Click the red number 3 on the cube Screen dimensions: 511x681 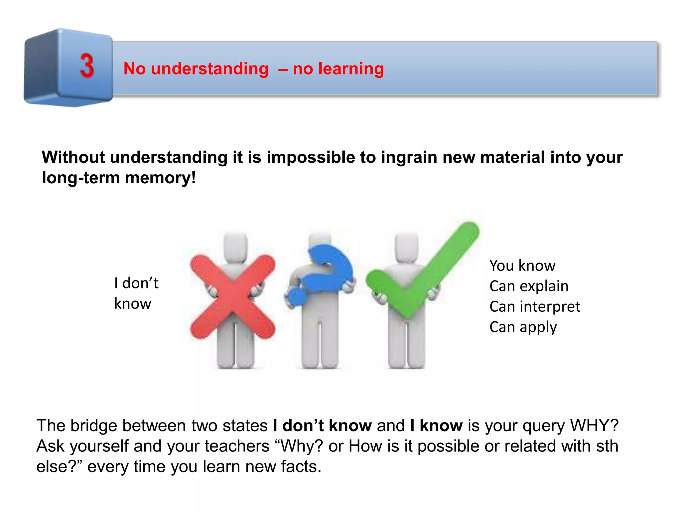tap(87, 66)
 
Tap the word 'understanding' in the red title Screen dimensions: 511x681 tap(209, 69)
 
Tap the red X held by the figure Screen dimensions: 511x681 tap(232, 297)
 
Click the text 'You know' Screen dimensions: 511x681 tap(522, 265)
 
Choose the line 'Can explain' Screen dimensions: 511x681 tap(529, 286)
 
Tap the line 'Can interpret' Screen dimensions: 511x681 tap(535, 306)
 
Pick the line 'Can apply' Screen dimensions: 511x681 tap(523, 327)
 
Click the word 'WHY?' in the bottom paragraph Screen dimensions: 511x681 tap(594, 426)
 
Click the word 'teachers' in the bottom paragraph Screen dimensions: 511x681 tap(237, 446)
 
